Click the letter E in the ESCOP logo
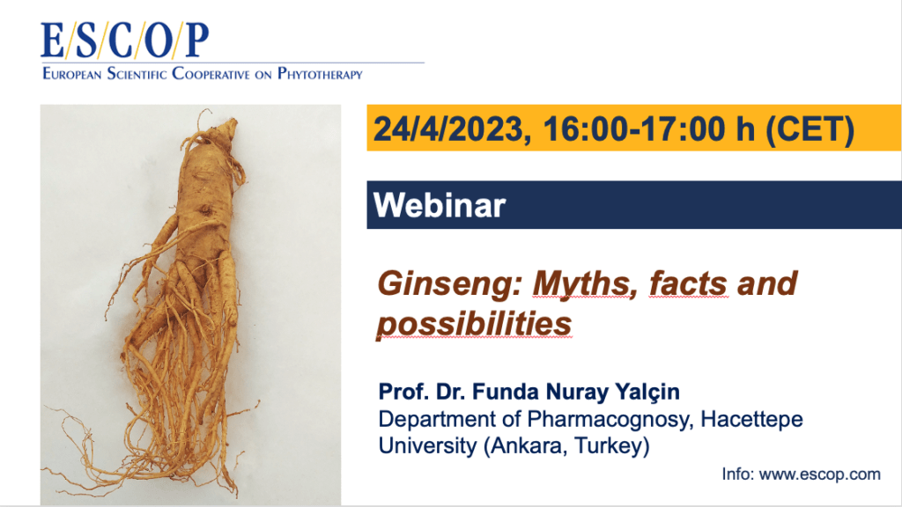(52, 40)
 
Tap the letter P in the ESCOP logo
(196, 40)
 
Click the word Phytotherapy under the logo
(320, 74)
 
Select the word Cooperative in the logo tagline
(211, 74)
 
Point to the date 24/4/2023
(447, 129)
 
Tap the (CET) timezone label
(810, 129)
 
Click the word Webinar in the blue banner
(440, 205)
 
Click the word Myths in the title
(585, 284)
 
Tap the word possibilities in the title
(474, 324)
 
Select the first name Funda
(506, 392)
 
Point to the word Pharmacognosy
(607, 420)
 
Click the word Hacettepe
(751, 419)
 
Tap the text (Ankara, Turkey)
(566, 446)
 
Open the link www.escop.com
(820, 474)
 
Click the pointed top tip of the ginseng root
(234, 120)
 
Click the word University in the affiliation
(427, 446)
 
